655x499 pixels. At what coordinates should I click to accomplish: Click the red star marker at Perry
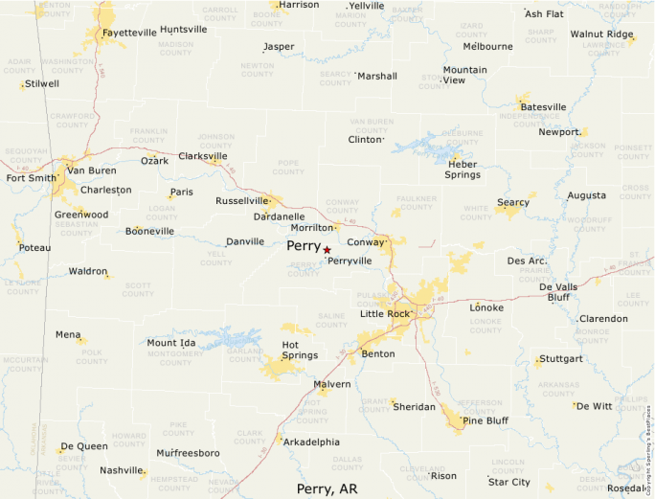coord(327,249)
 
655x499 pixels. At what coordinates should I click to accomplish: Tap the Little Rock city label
coord(385,314)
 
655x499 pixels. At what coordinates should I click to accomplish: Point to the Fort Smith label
coord(32,178)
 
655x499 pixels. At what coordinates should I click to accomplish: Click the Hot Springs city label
coord(299,350)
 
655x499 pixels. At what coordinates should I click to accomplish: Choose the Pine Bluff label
coord(486,420)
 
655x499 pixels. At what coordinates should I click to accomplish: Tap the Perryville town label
coord(350,261)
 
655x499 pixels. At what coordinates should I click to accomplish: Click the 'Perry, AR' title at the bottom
coord(327,488)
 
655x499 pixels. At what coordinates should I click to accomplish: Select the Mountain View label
coord(464,75)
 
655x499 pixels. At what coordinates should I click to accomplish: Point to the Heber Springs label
coord(463,170)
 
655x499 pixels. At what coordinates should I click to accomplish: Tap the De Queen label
coord(84,447)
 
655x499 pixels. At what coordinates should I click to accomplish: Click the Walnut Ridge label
coord(601,34)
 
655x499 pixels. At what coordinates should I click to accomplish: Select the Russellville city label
coord(242,201)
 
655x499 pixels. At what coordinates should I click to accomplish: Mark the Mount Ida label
coord(171,343)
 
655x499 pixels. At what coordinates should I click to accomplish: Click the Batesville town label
coord(543,107)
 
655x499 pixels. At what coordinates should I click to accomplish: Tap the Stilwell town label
coord(42,84)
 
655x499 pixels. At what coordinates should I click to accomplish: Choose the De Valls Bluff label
coord(558,292)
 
